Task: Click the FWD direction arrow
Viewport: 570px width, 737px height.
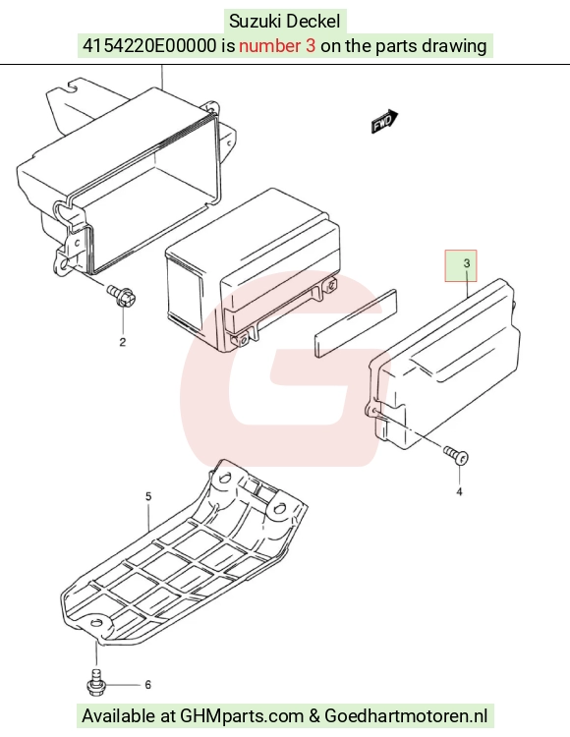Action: pyautogui.click(x=385, y=122)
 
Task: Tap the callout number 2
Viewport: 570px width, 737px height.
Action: pyautogui.click(x=123, y=342)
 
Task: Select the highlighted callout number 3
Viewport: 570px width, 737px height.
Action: pyautogui.click(x=467, y=263)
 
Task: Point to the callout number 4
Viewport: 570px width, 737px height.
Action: pyautogui.click(x=459, y=491)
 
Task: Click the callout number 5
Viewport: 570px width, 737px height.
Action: pyautogui.click(x=148, y=496)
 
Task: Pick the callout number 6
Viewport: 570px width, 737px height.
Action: pyautogui.click(x=147, y=685)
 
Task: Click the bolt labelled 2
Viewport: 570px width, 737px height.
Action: pyautogui.click(x=122, y=295)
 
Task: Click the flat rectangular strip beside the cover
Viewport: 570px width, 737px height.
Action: pyautogui.click(x=356, y=323)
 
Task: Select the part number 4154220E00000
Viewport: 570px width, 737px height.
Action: pyautogui.click(x=149, y=46)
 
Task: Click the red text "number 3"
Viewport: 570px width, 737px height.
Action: pyautogui.click(x=277, y=46)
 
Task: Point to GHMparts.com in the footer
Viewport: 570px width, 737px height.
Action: pyautogui.click(x=242, y=716)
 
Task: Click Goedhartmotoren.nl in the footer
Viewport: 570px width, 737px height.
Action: pyautogui.click(x=406, y=716)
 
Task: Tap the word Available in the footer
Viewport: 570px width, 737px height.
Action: pyautogui.click(x=119, y=716)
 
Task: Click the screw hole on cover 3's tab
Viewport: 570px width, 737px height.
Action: pyautogui.click(x=374, y=412)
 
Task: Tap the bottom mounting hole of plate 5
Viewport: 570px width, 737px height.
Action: pyautogui.click(x=96, y=623)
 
